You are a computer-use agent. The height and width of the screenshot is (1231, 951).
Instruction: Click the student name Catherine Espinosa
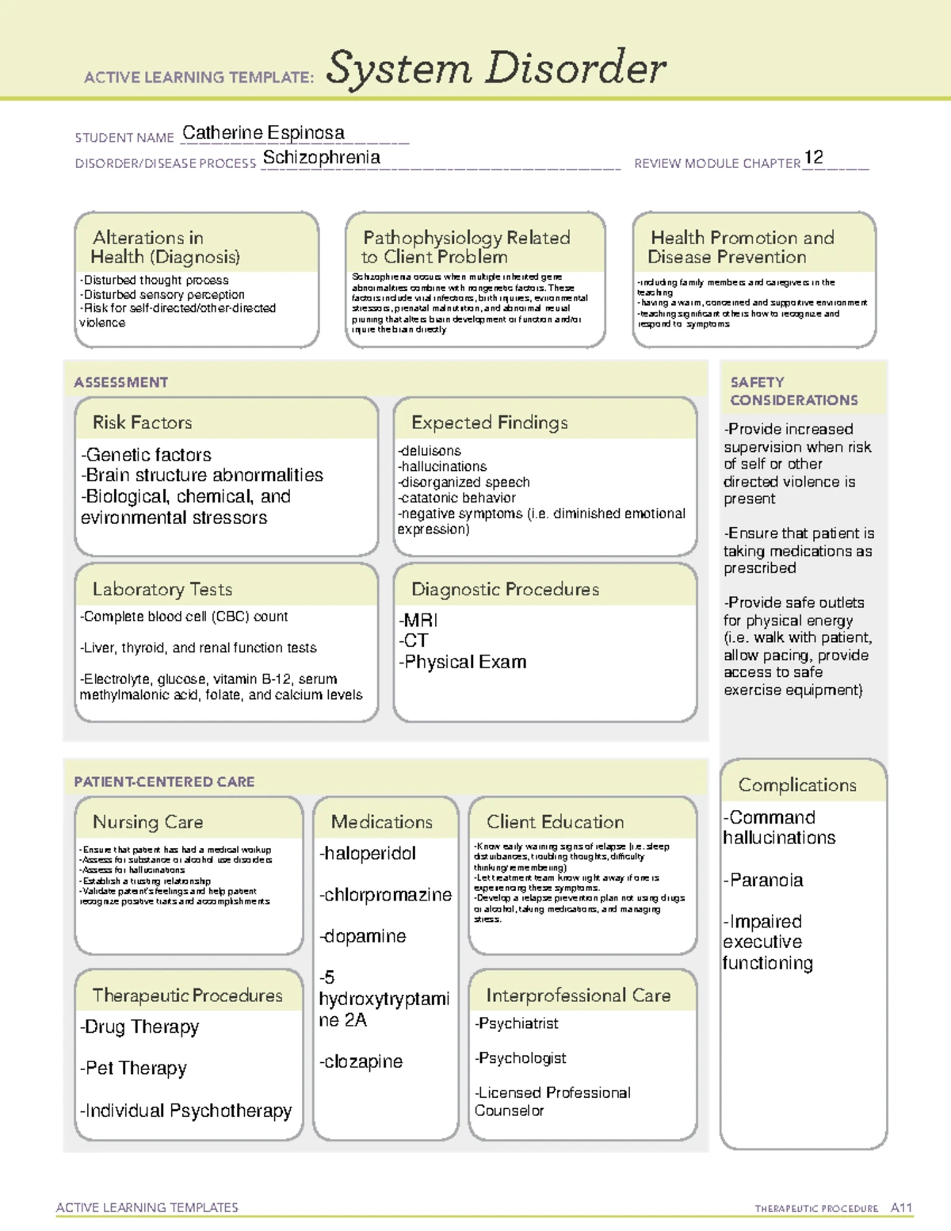[263, 133]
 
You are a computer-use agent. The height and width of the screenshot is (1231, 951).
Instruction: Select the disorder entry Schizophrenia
[321, 158]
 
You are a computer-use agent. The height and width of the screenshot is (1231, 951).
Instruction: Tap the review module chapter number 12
[813, 158]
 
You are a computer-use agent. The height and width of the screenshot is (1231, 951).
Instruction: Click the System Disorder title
[496, 68]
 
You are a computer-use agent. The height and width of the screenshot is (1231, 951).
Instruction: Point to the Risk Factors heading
[142, 422]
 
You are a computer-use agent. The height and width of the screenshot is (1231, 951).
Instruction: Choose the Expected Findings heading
[489, 422]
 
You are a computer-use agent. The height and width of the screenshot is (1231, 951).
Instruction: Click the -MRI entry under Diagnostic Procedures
[418, 620]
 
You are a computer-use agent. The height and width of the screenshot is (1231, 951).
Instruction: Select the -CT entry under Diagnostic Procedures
[414, 640]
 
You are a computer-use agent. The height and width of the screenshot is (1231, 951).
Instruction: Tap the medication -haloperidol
[367, 854]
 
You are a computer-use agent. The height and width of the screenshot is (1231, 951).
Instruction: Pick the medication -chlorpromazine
[385, 895]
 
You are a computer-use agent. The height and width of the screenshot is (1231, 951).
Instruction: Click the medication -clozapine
[361, 1061]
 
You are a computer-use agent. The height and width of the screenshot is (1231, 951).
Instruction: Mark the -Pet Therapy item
[133, 1069]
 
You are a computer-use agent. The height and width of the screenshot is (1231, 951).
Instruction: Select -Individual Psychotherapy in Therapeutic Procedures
[185, 1111]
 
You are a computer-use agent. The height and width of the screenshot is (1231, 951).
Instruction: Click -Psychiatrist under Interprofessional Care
[517, 1023]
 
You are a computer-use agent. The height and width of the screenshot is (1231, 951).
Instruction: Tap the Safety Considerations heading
[793, 391]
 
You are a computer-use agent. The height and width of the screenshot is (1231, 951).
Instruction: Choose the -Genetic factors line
[146, 455]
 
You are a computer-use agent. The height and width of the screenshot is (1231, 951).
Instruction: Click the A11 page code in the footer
[901, 1208]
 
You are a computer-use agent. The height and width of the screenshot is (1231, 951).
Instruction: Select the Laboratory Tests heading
[162, 589]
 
